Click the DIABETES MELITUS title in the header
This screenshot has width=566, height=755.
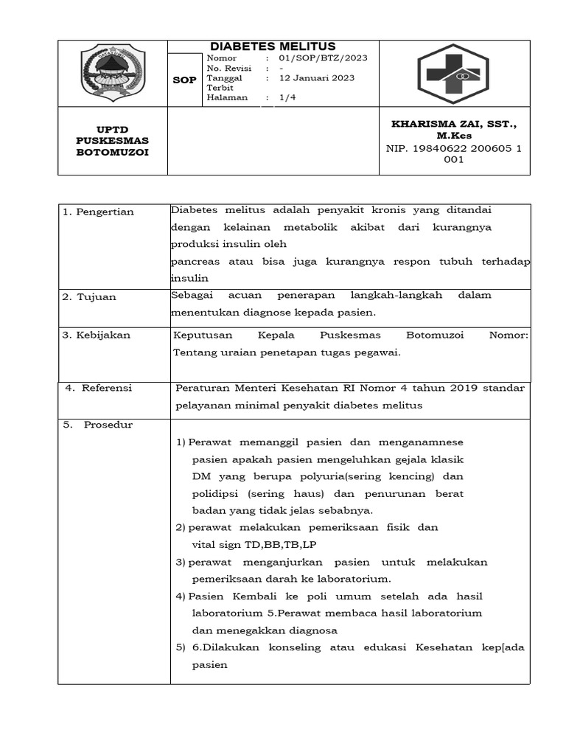(273, 46)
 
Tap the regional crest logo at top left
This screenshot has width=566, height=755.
(113, 72)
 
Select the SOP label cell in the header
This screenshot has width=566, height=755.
(184, 80)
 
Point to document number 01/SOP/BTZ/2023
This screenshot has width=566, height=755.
(323, 58)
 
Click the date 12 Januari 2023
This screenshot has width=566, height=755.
(317, 77)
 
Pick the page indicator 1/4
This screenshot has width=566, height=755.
(287, 97)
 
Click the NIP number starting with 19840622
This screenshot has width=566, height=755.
(454, 148)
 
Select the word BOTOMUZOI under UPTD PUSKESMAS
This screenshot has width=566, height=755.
(112, 153)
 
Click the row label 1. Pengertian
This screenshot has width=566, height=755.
(98, 212)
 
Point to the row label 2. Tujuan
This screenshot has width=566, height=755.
(89, 297)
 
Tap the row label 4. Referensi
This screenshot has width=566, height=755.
(99, 388)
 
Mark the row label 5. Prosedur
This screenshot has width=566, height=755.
(98, 425)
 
